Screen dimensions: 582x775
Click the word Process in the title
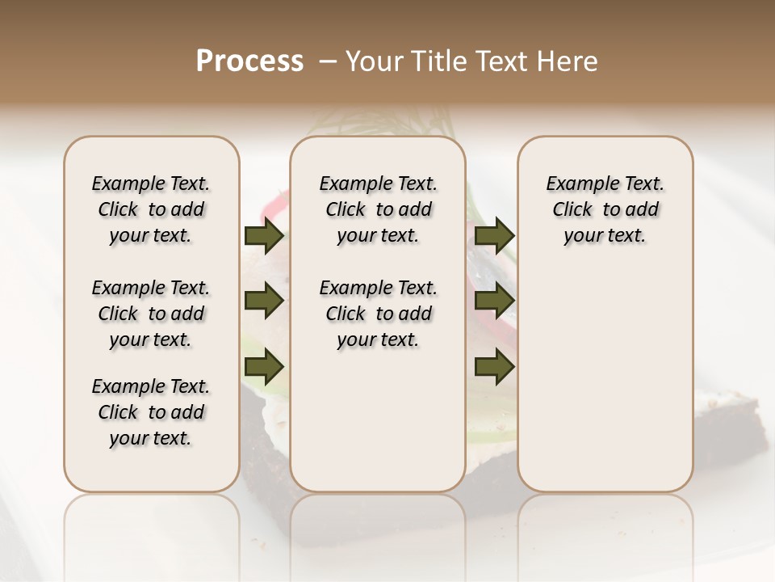coord(249,61)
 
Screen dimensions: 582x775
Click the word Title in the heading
coord(436,61)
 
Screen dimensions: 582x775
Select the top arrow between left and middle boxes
coord(264,236)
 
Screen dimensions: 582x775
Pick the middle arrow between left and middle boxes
coord(264,302)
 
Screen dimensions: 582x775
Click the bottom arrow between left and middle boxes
coord(264,368)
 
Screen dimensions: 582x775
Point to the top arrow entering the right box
coord(494,236)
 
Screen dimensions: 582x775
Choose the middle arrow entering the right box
coord(494,302)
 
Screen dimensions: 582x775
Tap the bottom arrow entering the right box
coord(494,368)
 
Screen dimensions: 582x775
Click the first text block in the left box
coord(151,209)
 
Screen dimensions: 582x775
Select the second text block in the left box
coord(151,314)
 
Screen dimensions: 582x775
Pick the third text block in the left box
coord(151,412)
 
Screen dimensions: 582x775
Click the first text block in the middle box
coord(379,209)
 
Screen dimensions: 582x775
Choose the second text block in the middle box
coord(379,314)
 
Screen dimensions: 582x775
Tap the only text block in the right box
coord(605,209)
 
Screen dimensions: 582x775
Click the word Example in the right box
coord(580,184)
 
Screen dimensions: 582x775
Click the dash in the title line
coord(328,61)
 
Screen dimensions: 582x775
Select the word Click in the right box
coord(572,210)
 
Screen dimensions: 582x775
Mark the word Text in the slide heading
coord(501,61)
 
